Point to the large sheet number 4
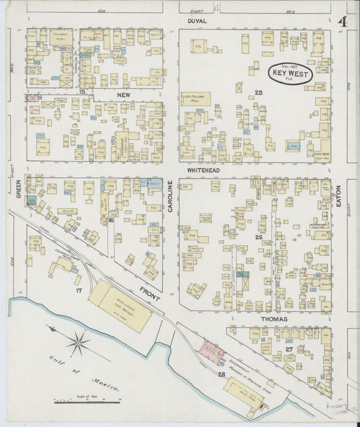tap(342, 22)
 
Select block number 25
tap(258, 93)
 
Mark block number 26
tap(258, 237)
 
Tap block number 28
tap(221, 374)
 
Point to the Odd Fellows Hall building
tap(195, 99)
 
